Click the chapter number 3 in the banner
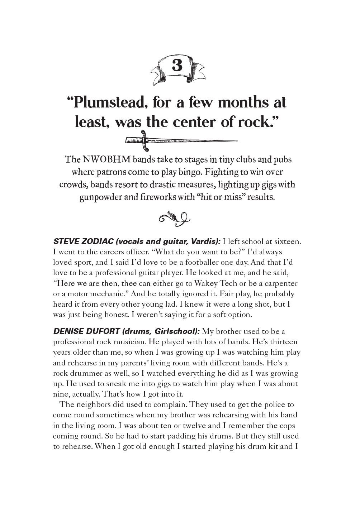pyautogui.click(x=177, y=66)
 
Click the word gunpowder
pyautogui.click(x=101, y=197)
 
